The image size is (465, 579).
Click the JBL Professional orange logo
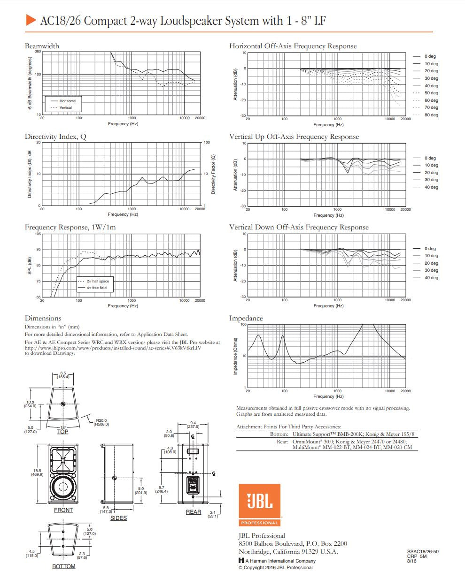(x=259, y=504)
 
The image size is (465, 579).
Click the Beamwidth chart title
(x=42, y=46)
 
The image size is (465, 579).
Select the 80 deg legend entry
(x=431, y=115)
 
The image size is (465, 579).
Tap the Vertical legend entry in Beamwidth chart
(x=65, y=107)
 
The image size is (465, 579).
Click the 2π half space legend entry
(x=97, y=281)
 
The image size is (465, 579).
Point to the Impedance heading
(x=246, y=318)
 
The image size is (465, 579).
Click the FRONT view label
(x=63, y=510)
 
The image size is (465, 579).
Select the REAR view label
(x=193, y=512)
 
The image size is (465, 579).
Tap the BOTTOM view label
(x=63, y=566)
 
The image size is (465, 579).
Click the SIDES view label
(x=118, y=518)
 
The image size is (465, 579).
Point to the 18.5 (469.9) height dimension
(x=37, y=472)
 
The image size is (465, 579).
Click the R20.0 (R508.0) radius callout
(x=101, y=422)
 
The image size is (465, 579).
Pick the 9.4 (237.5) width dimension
(x=193, y=425)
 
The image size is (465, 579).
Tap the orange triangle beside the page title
(x=31, y=20)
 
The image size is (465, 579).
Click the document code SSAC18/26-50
(x=422, y=552)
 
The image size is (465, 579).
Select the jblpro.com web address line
(x=113, y=348)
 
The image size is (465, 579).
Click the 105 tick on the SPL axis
(x=38, y=234)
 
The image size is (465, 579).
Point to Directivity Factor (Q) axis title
(x=213, y=174)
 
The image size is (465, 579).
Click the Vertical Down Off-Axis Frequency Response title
(x=299, y=227)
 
